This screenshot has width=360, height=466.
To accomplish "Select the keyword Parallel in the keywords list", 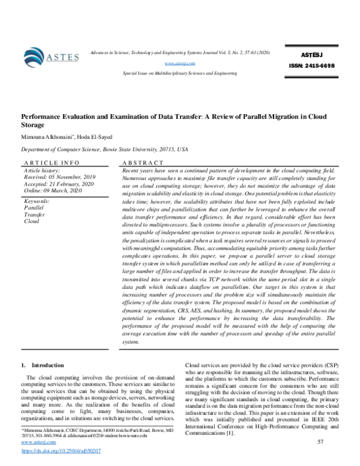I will pyautogui.click(x=33, y=207).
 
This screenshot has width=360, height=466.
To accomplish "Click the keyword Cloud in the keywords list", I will pyautogui.click(x=31, y=221).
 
